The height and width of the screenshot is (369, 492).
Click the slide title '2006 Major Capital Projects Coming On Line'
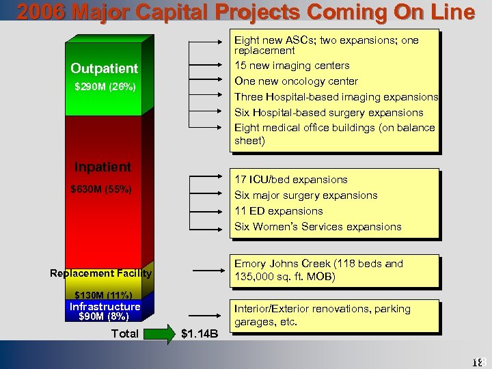click(x=245, y=12)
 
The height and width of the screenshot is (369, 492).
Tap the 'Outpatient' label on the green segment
click(x=104, y=68)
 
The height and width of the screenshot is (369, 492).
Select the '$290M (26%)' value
click(x=105, y=87)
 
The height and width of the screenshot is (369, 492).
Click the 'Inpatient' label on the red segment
click(x=102, y=167)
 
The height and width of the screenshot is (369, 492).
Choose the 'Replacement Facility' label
click(x=101, y=273)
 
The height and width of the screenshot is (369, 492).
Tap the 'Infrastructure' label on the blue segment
click(x=105, y=306)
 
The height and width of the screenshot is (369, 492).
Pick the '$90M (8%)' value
click(x=104, y=316)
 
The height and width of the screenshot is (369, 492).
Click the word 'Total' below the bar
click(x=124, y=334)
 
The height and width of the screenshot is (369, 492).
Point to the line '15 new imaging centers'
click(x=292, y=66)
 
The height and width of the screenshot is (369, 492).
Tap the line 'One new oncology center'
click(x=296, y=81)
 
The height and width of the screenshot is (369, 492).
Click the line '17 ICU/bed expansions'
click(x=291, y=180)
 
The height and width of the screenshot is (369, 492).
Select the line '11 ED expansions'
click(x=279, y=211)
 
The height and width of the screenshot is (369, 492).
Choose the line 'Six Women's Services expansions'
click(x=318, y=227)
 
